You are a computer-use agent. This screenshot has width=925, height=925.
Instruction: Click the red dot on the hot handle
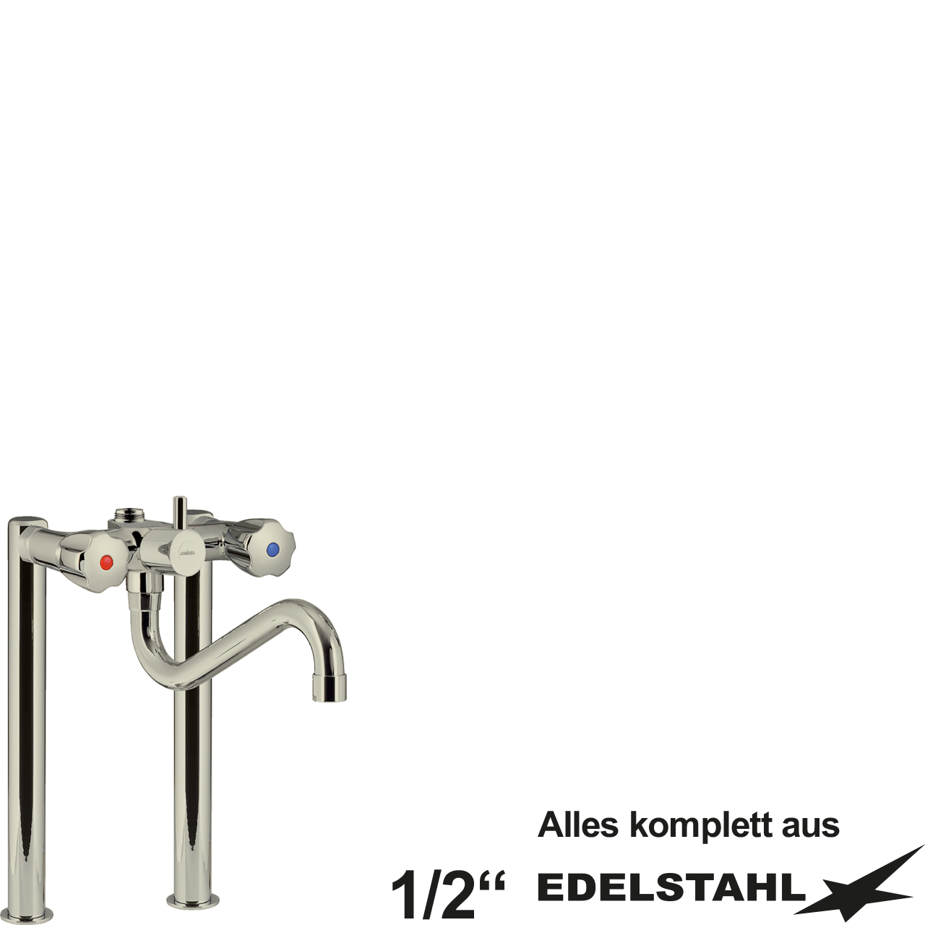point(106,562)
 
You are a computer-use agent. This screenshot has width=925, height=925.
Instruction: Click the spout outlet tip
point(329,688)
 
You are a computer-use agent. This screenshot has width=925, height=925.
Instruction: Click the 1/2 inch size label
point(447,895)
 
